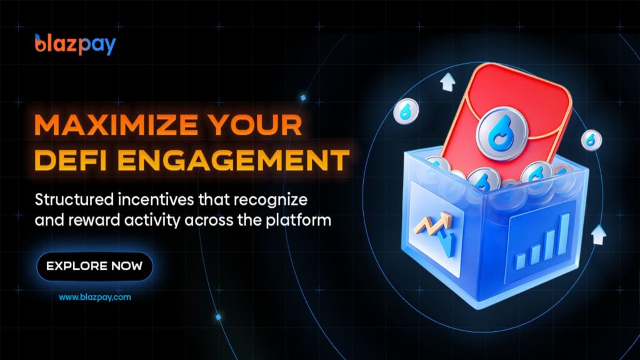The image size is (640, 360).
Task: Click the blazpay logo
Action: coord(76,44)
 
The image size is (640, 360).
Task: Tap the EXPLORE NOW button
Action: coord(95,266)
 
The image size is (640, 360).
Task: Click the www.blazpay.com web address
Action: coord(95,297)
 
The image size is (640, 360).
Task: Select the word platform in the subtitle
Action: coord(298,221)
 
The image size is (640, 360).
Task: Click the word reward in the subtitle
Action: coord(94,221)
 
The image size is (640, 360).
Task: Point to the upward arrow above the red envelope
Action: coord(448,82)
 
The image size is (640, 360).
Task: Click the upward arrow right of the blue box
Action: coord(598,234)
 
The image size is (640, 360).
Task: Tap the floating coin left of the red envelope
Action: coord(406,111)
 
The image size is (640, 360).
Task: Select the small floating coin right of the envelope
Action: coord(591,139)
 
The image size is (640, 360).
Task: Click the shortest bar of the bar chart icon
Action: coord(521,261)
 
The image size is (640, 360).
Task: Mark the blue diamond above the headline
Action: coord(303,97)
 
